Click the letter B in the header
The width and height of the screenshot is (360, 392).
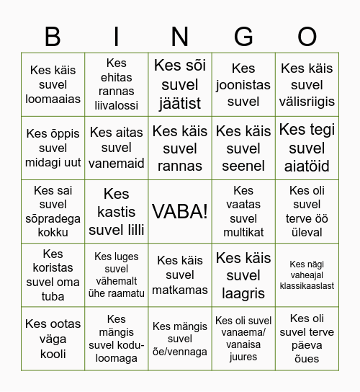pyautogui.click(x=53, y=36)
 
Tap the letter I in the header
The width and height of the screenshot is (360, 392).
pyautogui.click(x=117, y=36)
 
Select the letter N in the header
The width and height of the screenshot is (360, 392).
pyautogui.click(x=180, y=36)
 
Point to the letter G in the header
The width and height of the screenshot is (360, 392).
pyautogui.click(x=243, y=36)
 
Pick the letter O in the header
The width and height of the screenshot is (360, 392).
pyautogui.click(x=307, y=36)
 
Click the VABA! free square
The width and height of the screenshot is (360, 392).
pyautogui.click(x=180, y=211)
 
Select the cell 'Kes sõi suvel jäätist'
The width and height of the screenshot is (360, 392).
pyautogui.click(x=180, y=84)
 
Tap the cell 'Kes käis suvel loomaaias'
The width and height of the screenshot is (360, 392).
pyautogui.click(x=53, y=84)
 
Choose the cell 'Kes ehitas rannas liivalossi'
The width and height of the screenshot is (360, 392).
pyautogui.click(x=117, y=84)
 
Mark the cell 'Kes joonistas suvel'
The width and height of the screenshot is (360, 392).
pyautogui.click(x=243, y=84)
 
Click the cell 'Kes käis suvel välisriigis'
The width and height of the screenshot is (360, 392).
pyautogui.click(x=307, y=84)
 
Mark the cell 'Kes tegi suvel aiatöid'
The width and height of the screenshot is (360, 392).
pyautogui.click(x=307, y=148)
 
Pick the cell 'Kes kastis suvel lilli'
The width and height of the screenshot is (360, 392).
pyautogui.click(x=117, y=211)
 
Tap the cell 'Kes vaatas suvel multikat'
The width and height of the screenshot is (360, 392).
pyautogui.click(x=243, y=211)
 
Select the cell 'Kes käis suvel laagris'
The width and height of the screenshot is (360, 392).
pyautogui.click(x=243, y=275)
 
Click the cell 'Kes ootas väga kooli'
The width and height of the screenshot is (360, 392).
pyautogui.click(x=53, y=339)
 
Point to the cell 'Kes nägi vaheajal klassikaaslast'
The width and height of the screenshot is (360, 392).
pyautogui.click(x=307, y=275)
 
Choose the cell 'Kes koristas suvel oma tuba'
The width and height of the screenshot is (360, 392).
pyautogui.click(x=53, y=275)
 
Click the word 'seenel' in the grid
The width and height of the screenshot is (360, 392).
pyautogui.click(x=243, y=166)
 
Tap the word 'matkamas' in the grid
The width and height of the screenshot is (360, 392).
pyautogui.click(x=180, y=290)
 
